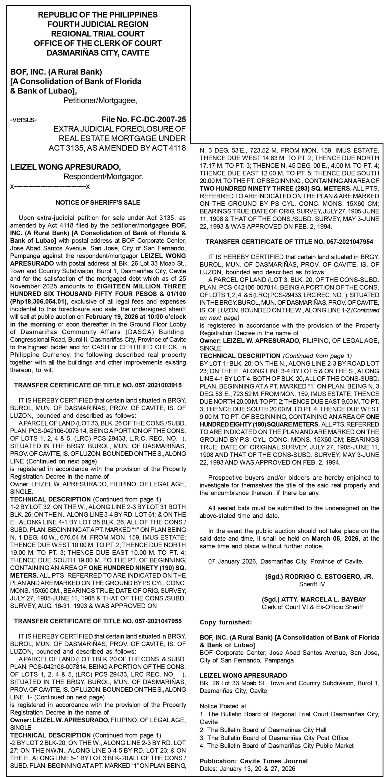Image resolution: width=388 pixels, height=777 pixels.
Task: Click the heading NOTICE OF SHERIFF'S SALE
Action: [98, 202]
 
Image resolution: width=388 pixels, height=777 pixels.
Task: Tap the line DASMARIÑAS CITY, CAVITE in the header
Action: [98, 53]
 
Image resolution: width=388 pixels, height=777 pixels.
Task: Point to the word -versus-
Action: [24, 119]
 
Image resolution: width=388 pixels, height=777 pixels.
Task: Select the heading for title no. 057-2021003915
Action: [98, 385]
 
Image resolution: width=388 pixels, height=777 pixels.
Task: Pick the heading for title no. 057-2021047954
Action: [289, 242]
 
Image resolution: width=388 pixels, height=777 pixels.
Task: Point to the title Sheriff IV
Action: [312, 584]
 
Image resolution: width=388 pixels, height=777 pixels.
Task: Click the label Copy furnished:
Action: [225, 622]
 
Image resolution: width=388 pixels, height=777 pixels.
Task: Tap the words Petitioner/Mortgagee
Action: [100, 100]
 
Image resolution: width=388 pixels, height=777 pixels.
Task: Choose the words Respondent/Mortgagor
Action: [103, 177]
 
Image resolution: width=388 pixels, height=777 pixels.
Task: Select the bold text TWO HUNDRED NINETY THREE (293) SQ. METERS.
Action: [275, 188]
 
